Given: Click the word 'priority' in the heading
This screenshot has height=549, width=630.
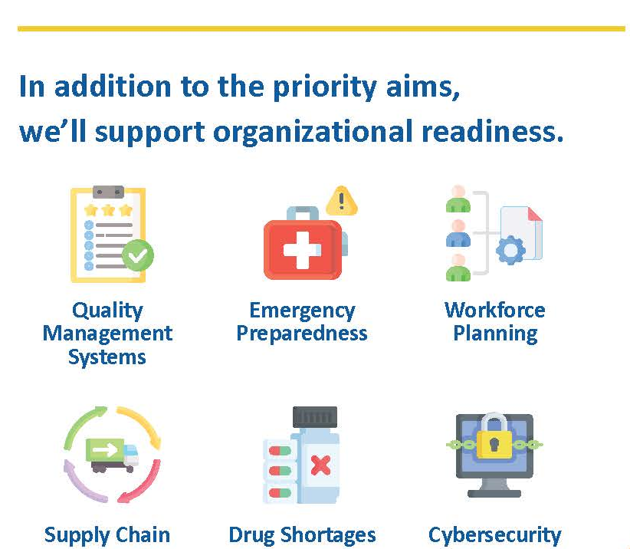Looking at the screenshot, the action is point(324,87).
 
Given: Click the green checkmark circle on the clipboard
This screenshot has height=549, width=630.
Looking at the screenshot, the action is point(137,255).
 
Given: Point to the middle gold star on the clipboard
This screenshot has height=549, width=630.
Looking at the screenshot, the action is point(108,210).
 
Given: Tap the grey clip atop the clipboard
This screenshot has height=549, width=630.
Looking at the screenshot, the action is point(108,192).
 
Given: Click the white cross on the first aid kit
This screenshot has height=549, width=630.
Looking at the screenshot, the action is point(302,250).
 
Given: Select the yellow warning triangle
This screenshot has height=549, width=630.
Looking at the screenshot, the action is point(342,201).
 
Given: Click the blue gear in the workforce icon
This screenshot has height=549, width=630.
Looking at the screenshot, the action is point(510,250).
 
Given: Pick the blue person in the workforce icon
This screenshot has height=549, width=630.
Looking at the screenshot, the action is point(458,234).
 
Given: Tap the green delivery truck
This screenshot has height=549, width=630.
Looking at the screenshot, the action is point(112,455).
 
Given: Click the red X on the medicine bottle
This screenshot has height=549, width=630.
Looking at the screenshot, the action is point(320,465).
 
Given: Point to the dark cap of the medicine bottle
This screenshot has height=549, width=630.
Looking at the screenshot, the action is point(314,417).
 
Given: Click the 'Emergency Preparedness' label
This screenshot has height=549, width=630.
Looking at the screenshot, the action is point(302,322).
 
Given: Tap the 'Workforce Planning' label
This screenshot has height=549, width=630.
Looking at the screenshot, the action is point(495,322).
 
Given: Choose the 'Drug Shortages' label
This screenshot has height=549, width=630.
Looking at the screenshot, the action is point(302,536).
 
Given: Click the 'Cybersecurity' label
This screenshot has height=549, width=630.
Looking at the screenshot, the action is point(494,536).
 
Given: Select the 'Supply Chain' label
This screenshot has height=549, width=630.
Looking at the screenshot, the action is point(107,536).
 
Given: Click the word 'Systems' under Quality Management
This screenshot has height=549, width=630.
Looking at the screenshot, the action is point(107,357).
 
